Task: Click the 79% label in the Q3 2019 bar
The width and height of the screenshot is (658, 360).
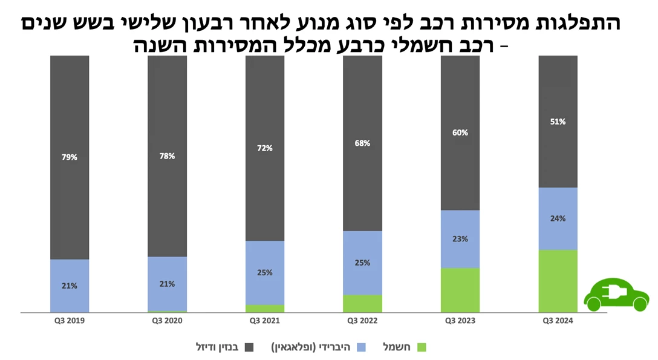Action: pyautogui.click(x=70, y=157)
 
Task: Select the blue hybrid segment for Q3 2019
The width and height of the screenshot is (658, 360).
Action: pyautogui.click(x=70, y=286)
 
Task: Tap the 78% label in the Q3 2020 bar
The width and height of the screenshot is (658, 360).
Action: pyautogui.click(x=167, y=156)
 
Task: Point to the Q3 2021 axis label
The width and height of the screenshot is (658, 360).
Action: pyautogui.click(x=264, y=321)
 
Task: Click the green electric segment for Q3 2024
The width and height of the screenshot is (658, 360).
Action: pyautogui.click(x=558, y=281)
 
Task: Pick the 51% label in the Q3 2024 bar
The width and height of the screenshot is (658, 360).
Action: pyautogui.click(x=558, y=122)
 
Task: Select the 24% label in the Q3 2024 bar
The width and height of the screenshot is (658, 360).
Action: pyautogui.click(x=558, y=218)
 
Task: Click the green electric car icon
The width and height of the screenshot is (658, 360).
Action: pyautogui.click(x=616, y=295)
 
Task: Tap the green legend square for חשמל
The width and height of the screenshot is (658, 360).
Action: pyautogui.click(x=422, y=347)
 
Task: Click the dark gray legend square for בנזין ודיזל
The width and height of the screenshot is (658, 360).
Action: pyautogui.click(x=249, y=347)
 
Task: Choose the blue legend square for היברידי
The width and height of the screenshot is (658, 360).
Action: pyautogui.click(x=361, y=347)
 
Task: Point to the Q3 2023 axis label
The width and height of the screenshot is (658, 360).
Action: pyautogui.click(x=460, y=321)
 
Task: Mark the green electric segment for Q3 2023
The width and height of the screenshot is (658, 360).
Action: pyautogui.click(x=460, y=290)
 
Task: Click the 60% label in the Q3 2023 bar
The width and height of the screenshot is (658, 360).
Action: pyautogui.click(x=460, y=133)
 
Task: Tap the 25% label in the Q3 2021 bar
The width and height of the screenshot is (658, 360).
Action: pyautogui.click(x=264, y=272)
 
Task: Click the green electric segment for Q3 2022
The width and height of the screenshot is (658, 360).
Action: pyautogui.click(x=362, y=303)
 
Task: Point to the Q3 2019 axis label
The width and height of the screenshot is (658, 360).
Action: pyautogui.click(x=70, y=321)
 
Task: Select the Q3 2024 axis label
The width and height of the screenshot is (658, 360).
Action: pyautogui.click(x=558, y=321)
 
